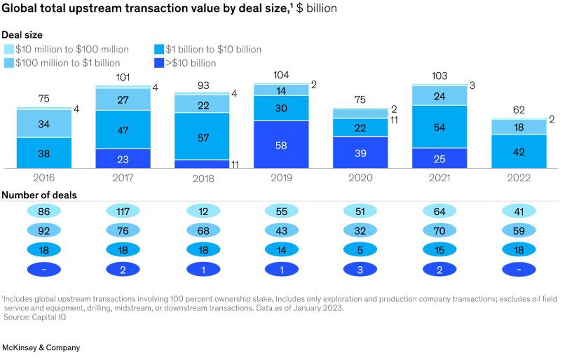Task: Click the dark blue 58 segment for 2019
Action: pos(281,145)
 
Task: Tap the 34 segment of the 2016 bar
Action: pos(44,124)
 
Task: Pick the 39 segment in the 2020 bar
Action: pos(360,153)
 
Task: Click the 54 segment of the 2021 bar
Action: pos(439,127)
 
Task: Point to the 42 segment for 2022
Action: pos(519,151)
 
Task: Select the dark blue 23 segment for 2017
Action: pos(123,159)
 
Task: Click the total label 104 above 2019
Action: pos(281,75)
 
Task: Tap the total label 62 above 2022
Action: pos(519,110)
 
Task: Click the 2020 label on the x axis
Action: pos(360,178)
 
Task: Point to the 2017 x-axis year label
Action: pos(123,178)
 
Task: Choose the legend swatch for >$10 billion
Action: pos(159,63)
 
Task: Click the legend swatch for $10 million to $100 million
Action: pos(9,50)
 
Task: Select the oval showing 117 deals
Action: pos(123,212)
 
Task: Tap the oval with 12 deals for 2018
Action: pos(203,212)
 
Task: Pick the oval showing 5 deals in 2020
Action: pos(360,250)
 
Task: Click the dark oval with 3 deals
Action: pos(360,270)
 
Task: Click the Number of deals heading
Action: pos(39,195)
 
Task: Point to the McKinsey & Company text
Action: pos(41,347)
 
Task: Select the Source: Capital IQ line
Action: pos(35,317)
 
